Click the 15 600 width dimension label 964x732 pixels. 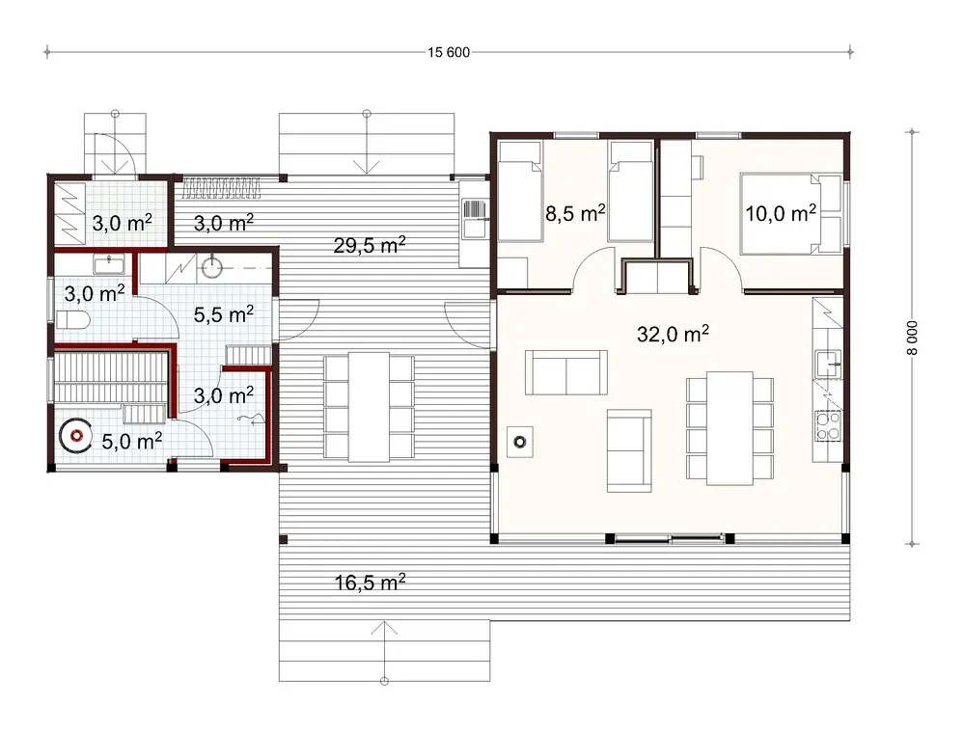coord(450,52)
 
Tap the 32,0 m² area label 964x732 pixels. coord(675,334)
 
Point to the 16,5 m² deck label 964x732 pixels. coord(369,582)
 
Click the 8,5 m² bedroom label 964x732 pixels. coord(575,213)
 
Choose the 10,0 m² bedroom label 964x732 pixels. coord(781,212)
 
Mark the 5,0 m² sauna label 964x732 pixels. coord(131,441)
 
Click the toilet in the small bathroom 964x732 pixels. coord(74,319)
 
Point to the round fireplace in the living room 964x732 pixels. coord(519,442)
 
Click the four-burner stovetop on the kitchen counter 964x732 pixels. coord(829,425)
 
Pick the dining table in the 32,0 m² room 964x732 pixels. coord(730,427)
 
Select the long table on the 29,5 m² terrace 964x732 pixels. coord(369,405)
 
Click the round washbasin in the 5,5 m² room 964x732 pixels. coord(211,265)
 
